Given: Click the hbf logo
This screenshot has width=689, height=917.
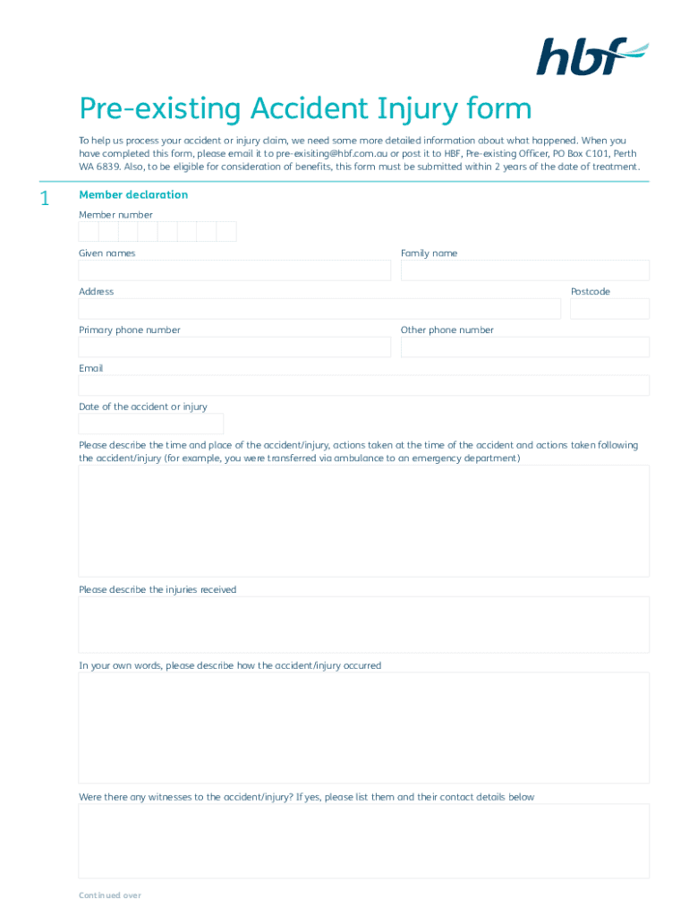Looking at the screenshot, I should pyautogui.click(x=591, y=56).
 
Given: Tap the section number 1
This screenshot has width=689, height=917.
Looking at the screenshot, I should pyautogui.click(x=45, y=199).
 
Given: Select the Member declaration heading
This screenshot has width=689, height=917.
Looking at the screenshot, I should pyautogui.click(x=133, y=194).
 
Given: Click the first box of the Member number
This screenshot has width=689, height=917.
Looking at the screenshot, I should pyautogui.click(x=89, y=232).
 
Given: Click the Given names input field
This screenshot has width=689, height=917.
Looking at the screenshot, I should pyautogui.click(x=234, y=270).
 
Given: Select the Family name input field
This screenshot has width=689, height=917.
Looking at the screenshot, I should pyautogui.click(x=524, y=270).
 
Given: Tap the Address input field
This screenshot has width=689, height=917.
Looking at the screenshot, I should pyautogui.click(x=319, y=309).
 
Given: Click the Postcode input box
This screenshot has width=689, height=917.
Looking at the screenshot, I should pyautogui.click(x=609, y=309).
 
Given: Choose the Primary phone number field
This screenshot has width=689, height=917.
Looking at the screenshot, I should pyautogui.click(x=234, y=347).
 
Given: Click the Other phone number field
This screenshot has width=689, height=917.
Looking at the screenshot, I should pyautogui.click(x=524, y=347).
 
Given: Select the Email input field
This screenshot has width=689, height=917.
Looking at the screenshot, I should pyautogui.click(x=363, y=386).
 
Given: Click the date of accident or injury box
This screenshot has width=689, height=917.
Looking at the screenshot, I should pyautogui.click(x=151, y=424).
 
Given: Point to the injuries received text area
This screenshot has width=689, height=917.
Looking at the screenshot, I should pyautogui.click(x=363, y=625).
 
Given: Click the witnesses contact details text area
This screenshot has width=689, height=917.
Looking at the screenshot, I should pyautogui.click(x=363, y=841).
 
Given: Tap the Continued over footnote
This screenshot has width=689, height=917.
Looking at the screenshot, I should pyautogui.click(x=110, y=896).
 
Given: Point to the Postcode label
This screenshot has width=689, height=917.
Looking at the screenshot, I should pyautogui.click(x=591, y=292).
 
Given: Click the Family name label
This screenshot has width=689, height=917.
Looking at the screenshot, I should pyautogui.click(x=429, y=253).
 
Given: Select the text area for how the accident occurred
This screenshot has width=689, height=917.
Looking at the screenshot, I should pyautogui.click(x=363, y=728).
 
